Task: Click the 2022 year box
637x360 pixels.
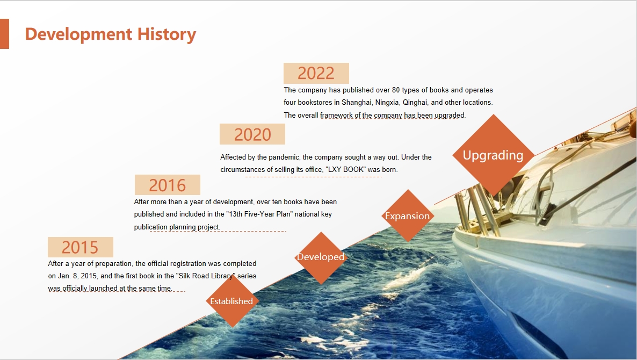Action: (x=316, y=73)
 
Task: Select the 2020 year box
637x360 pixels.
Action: (x=252, y=134)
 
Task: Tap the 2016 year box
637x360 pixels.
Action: (x=168, y=185)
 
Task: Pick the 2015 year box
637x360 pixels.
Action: (x=81, y=247)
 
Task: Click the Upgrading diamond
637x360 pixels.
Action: (x=493, y=155)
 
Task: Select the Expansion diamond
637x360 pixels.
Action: (x=408, y=216)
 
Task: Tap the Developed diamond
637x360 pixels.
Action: (x=321, y=257)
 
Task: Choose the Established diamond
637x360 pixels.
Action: (x=232, y=301)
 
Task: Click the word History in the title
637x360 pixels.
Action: (x=167, y=34)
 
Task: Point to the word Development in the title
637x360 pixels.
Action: (x=79, y=35)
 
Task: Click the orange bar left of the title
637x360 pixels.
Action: (x=4, y=34)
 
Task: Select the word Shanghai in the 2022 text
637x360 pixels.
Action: (x=356, y=103)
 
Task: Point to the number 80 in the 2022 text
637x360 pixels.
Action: (x=396, y=90)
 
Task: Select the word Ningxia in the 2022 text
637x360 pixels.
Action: (x=387, y=103)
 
